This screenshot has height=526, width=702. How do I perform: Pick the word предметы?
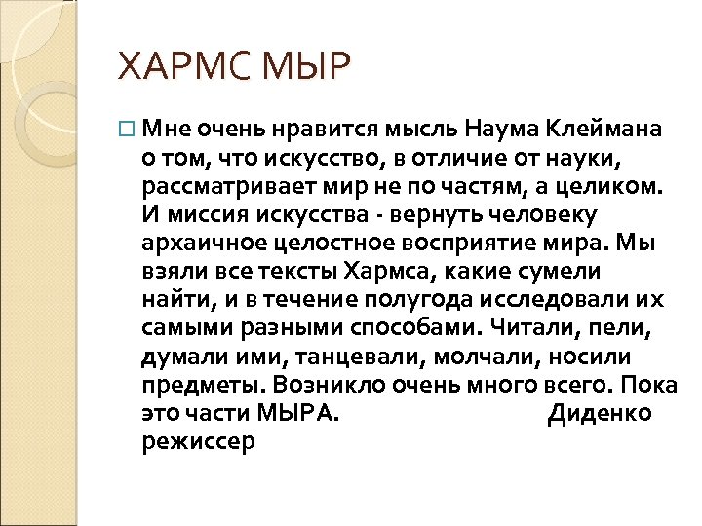pyautogui.click(x=191, y=384)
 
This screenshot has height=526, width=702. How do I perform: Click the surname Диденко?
pyautogui.click(x=600, y=413)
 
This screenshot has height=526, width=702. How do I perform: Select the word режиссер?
pyautogui.click(x=198, y=441)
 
